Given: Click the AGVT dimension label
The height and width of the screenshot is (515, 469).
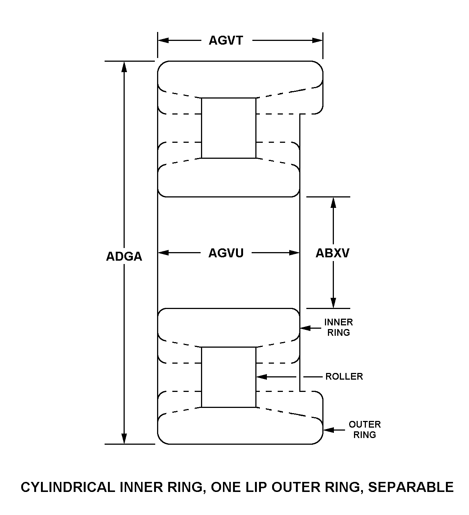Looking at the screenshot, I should pyautogui.click(x=226, y=40).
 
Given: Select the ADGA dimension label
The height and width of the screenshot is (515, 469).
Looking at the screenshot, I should pyautogui.click(x=124, y=257).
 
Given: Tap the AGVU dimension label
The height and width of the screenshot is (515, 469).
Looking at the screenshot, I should pyautogui.click(x=226, y=253).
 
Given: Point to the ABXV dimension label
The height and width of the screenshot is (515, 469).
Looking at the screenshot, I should pyautogui.click(x=332, y=253).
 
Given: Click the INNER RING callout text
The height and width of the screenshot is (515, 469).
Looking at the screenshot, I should pyautogui.click(x=338, y=327).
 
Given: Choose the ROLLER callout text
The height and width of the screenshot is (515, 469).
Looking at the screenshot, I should pyautogui.click(x=344, y=376).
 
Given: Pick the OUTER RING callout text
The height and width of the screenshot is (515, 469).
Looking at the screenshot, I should pyautogui.click(x=364, y=429).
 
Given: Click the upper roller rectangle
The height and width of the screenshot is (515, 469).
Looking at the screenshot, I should pyautogui.click(x=229, y=128).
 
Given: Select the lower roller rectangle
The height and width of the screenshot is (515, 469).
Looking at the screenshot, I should pyautogui.click(x=229, y=377).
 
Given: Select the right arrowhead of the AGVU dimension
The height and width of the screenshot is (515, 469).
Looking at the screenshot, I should pyautogui.click(x=294, y=253).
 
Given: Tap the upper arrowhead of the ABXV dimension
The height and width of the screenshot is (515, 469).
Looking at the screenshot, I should pyautogui.click(x=334, y=202).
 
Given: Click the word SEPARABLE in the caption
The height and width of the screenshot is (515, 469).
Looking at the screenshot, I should pyautogui.click(x=411, y=487).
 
